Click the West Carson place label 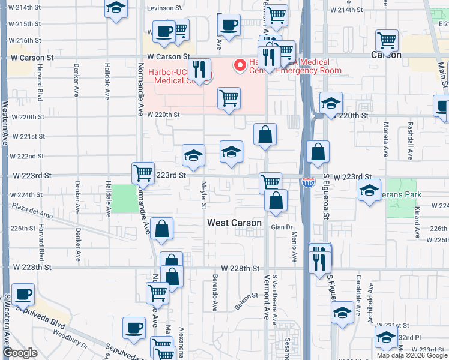(234, 223)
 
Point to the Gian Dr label (281, 227)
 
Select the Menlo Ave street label (295, 248)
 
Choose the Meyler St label (204, 195)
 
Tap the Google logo (20, 353)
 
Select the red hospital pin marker (240, 64)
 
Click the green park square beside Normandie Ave (124, 198)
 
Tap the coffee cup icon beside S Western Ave (23, 294)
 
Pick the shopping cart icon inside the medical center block (229, 98)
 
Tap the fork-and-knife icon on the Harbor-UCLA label (199, 70)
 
